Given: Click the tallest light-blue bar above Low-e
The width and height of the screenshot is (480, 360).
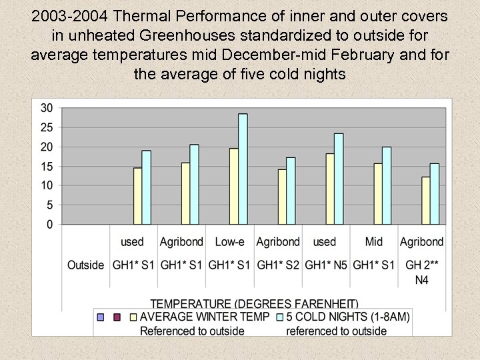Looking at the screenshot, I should point(243,169).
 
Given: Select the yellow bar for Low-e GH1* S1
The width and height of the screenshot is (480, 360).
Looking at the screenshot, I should point(234,187).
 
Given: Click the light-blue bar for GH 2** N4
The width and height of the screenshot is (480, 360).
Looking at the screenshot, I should point(435,194).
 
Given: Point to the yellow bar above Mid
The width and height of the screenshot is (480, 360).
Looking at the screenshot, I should point(378,194).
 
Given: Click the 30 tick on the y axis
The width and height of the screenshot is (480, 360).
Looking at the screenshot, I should point(47,108).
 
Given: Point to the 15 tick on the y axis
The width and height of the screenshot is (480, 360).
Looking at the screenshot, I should point(47,167).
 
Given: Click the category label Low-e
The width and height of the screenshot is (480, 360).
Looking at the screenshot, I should point(229,241).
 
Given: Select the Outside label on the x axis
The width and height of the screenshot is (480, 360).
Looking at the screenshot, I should point(85,265).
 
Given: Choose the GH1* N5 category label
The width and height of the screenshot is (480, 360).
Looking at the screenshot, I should point(325,265).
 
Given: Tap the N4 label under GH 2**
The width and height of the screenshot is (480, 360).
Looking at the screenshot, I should point(421,280).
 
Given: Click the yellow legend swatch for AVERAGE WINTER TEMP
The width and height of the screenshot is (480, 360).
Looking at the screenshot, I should point(133,317).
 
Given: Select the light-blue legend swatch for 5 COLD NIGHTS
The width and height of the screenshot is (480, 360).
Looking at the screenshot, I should point(279,317).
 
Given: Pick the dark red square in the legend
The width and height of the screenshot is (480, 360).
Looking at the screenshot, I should point(117,317).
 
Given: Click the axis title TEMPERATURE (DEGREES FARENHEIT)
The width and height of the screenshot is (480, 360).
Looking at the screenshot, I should point(254,304).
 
